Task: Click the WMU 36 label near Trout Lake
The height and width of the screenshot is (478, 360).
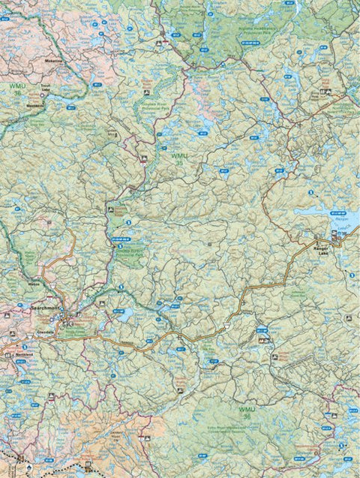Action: [x=16, y=90]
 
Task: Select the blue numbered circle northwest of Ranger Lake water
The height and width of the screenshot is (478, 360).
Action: [x=310, y=193]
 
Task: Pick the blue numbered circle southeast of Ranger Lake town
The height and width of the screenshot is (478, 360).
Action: [x=351, y=276]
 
